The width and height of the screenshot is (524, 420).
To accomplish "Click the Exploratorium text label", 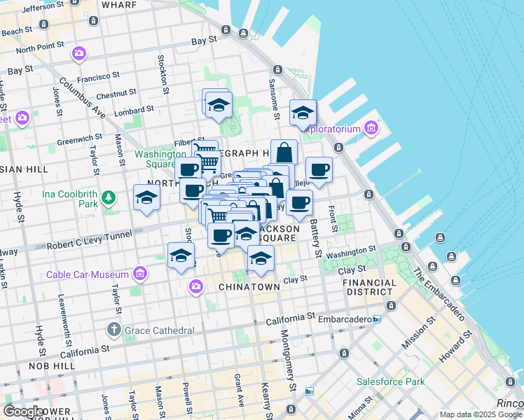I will (330, 128).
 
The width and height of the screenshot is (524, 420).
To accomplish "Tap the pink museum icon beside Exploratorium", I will (371, 128).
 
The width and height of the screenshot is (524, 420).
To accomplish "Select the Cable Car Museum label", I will (87, 274).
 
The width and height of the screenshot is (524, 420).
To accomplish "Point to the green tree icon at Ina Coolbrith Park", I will (109, 198).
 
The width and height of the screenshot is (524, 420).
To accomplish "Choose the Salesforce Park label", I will (390, 382).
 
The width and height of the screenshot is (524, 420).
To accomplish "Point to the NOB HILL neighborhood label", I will (48, 366).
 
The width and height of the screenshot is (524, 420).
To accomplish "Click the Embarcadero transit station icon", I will (377, 319).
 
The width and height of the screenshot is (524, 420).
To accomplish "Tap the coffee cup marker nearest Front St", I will (319, 169).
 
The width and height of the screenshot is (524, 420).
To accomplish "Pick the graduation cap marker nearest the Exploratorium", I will (303, 112).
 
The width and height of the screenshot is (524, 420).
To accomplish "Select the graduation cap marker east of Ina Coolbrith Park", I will (147, 198).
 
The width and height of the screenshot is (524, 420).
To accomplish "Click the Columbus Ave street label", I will (82, 99).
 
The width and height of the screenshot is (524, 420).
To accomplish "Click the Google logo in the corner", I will (23, 412).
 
